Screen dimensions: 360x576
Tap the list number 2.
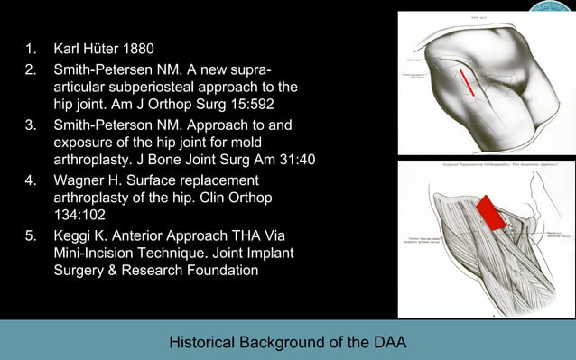click(x=31, y=69)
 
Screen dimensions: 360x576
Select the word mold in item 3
click(x=275, y=143)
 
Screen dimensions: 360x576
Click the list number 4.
click(x=31, y=178)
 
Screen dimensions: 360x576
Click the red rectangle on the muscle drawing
click(x=488, y=212)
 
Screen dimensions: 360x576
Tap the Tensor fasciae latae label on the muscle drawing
click(x=418, y=238)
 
